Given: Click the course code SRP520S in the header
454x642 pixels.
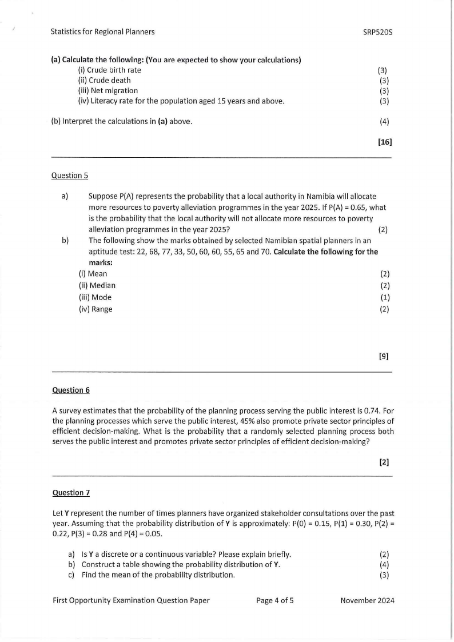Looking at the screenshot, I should (377, 32).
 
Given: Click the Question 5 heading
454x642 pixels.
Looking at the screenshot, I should (70, 176).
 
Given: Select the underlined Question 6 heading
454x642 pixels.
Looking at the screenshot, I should (71, 390).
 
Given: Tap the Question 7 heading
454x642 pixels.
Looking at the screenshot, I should (71, 492).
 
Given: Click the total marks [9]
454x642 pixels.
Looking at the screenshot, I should (384, 356).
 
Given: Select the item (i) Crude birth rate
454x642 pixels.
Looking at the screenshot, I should (109, 70).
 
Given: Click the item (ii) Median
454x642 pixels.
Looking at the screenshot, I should (97, 285).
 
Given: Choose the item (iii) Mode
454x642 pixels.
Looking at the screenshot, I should (95, 297).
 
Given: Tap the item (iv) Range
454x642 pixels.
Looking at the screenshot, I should (95, 309).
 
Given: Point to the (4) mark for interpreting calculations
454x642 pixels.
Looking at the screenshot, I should (384, 121).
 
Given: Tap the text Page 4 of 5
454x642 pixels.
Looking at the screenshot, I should (275, 600).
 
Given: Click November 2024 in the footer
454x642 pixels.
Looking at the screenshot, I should (367, 600).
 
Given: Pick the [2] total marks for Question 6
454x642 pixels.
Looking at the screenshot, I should (384, 461).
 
